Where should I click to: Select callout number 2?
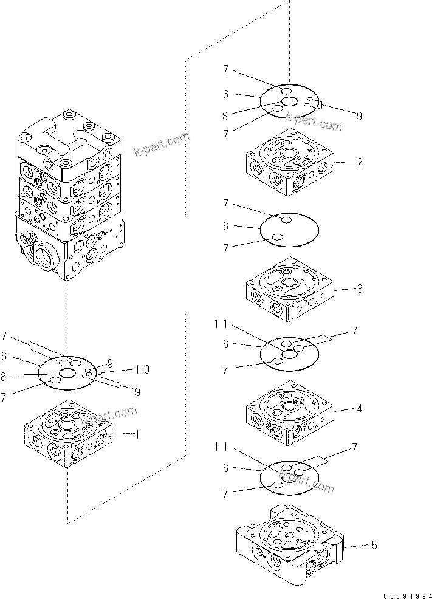coord(360,163)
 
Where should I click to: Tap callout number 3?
coord(360,289)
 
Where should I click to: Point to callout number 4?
coord(360,409)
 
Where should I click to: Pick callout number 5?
coord(374,546)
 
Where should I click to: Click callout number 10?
coord(143,369)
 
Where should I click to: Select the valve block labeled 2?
coord(289,163)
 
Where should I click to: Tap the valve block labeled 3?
coord(289,289)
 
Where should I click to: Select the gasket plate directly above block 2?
coord(289,101)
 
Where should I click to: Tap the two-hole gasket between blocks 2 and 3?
coord(289,230)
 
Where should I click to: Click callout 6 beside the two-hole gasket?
coord(225,226)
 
